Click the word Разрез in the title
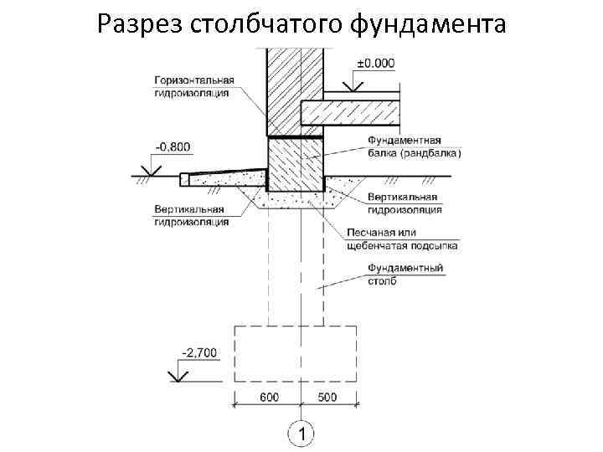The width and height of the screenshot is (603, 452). click(x=135, y=25)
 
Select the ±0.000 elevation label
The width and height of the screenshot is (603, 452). click(x=375, y=64)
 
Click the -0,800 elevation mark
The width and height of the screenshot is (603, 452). click(x=173, y=147)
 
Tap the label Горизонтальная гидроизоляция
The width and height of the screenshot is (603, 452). click(x=193, y=87)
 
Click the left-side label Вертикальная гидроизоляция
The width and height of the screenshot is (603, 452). click(x=191, y=215)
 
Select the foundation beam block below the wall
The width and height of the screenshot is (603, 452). click(x=296, y=163)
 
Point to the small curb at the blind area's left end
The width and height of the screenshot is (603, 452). click(x=185, y=178)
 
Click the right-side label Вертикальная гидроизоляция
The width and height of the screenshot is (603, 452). click(x=405, y=203)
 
